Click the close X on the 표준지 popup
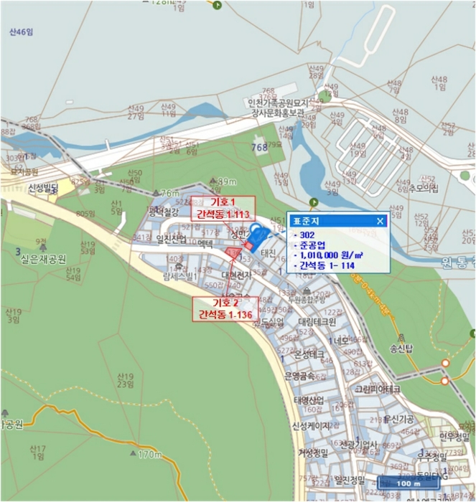pos(381,221)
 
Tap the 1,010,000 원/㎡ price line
pos(333,254)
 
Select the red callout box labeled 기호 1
pos(223,207)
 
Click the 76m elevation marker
pos(169,193)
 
